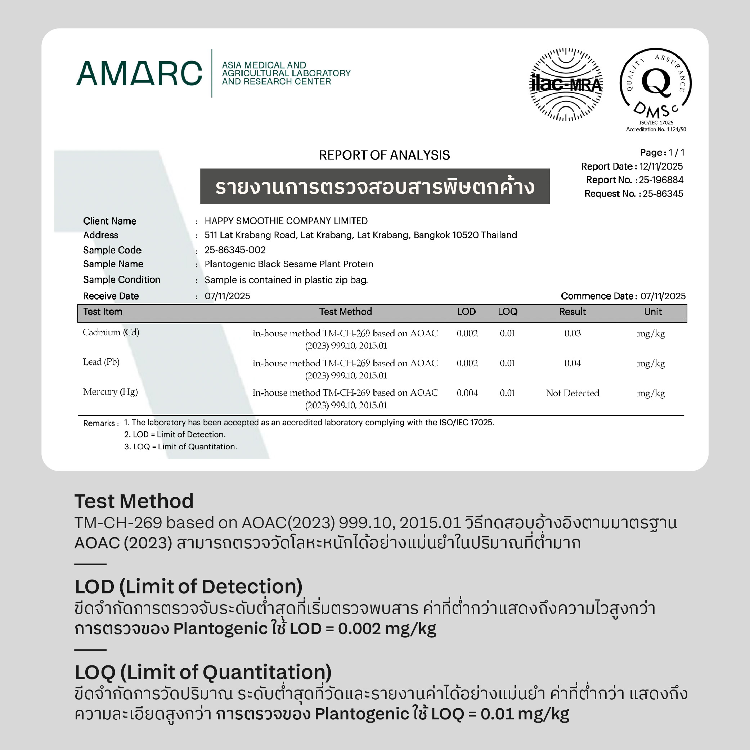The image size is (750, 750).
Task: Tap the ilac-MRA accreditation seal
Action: (x=566, y=84)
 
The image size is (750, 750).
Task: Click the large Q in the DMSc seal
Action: (x=656, y=82)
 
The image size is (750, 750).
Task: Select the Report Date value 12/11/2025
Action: (x=661, y=167)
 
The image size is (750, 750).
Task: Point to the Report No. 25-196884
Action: (x=661, y=180)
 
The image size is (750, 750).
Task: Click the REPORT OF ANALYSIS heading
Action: (x=384, y=155)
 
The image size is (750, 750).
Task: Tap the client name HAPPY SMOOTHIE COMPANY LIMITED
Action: (x=286, y=221)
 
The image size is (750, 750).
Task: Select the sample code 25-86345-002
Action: (x=235, y=250)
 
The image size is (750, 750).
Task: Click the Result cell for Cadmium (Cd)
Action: (x=572, y=333)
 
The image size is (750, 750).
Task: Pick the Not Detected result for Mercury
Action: (x=572, y=393)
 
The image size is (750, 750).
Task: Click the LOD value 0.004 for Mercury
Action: (x=467, y=393)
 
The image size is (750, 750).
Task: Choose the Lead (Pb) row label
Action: (x=101, y=362)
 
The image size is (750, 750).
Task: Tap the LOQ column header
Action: (x=507, y=312)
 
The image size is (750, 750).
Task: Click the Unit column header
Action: (x=653, y=312)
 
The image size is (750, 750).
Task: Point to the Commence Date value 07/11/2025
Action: (x=663, y=296)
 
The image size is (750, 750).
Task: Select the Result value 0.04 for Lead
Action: (x=572, y=363)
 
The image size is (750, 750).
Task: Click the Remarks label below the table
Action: (x=100, y=423)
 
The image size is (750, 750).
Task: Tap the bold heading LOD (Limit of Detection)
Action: (x=188, y=587)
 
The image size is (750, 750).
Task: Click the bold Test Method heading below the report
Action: (x=134, y=501)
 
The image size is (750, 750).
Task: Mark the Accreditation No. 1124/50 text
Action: (x=656, y=129)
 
